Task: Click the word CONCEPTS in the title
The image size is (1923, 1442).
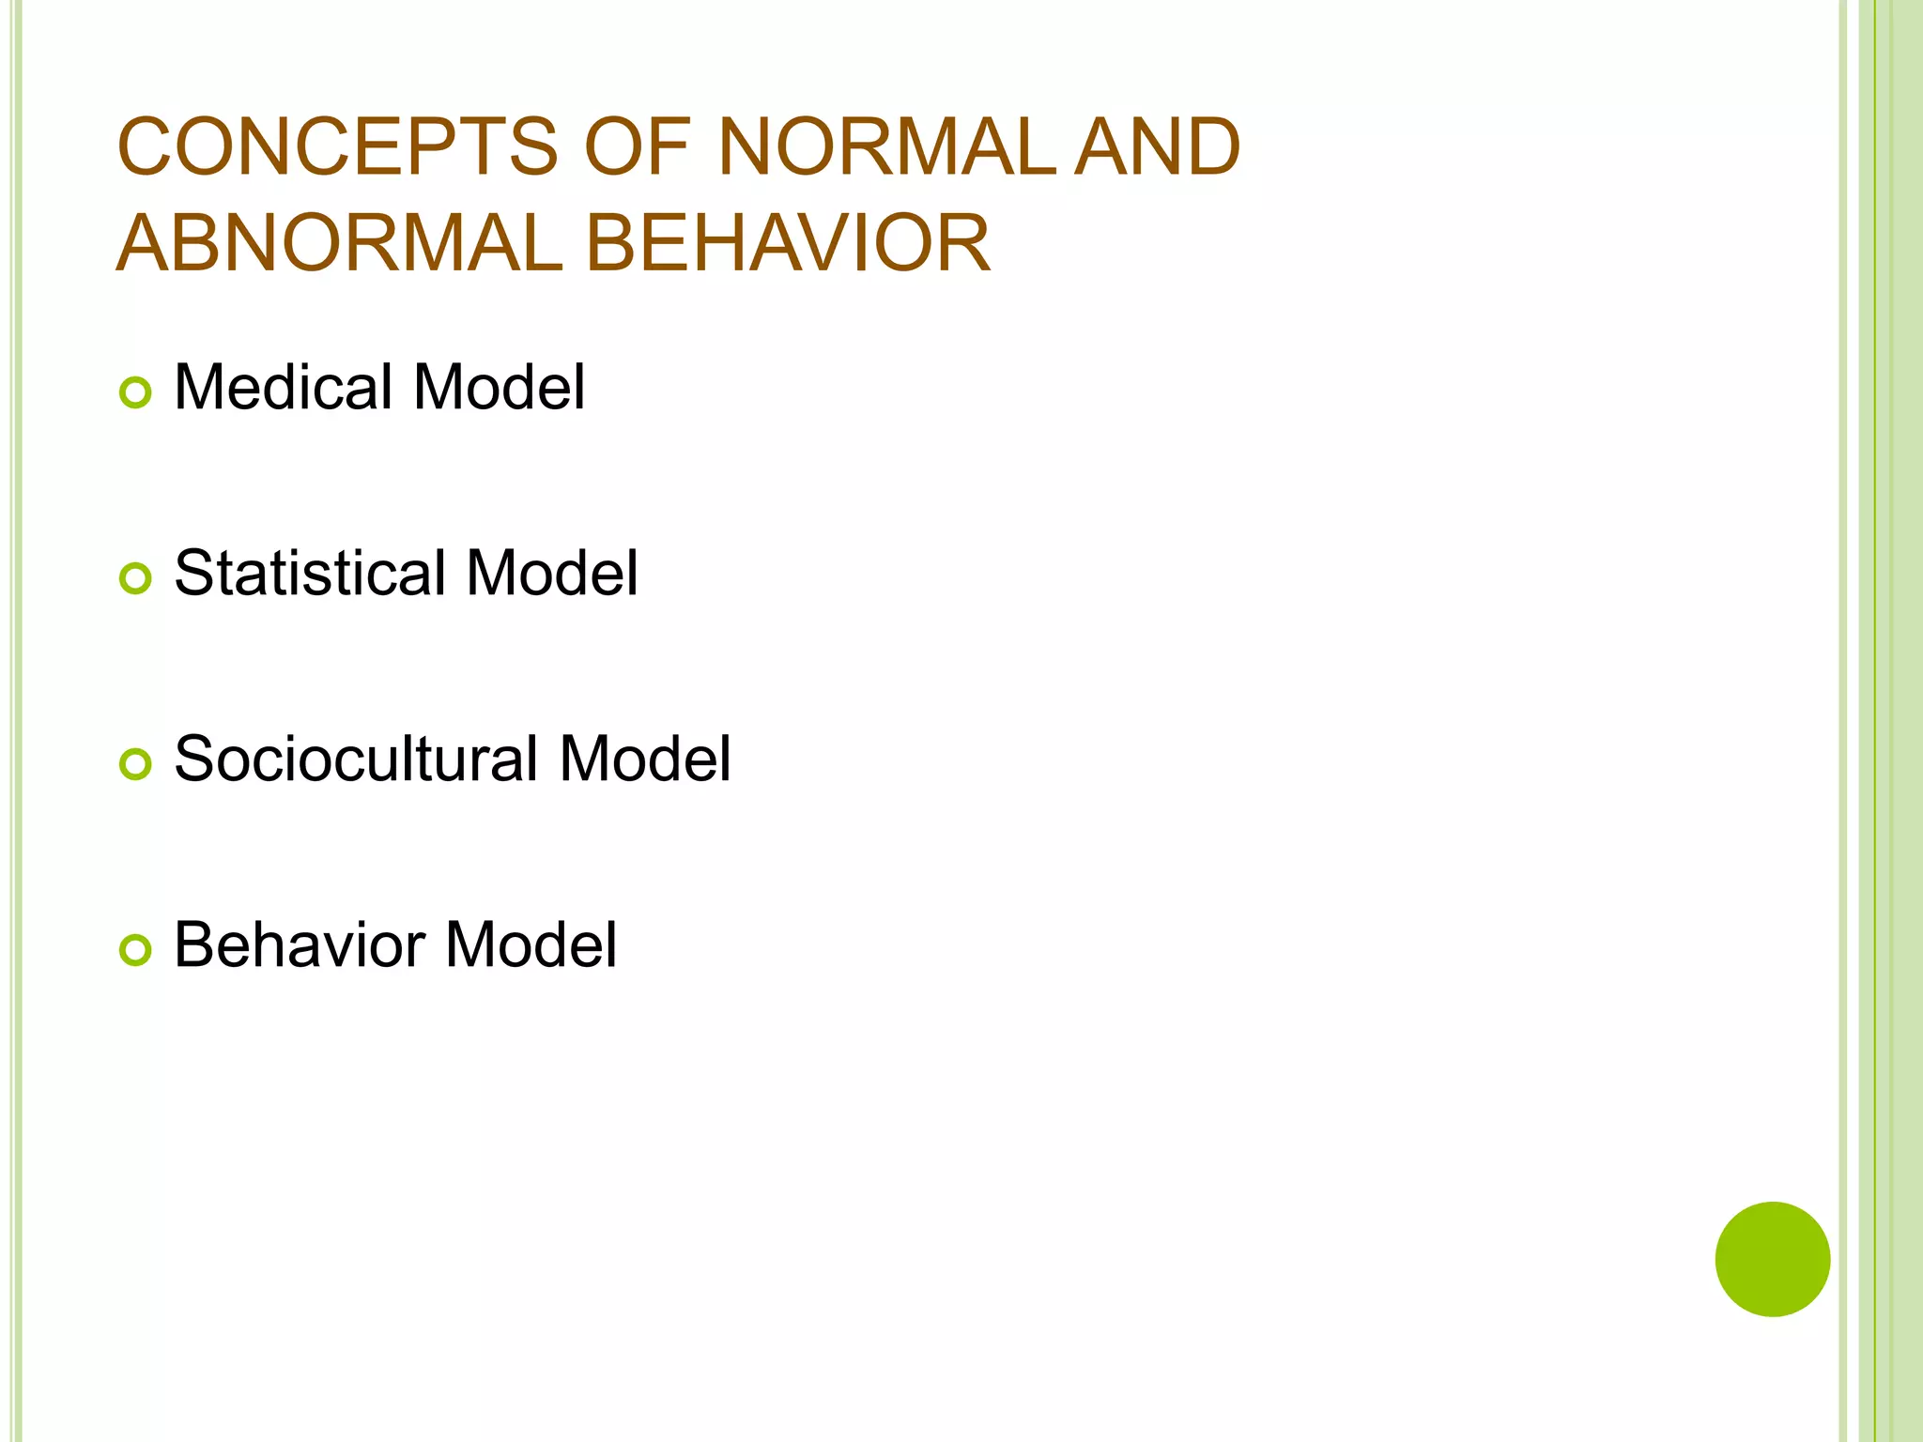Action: tap(337, 146)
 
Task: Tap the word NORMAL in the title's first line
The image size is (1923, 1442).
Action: tap(886, 146)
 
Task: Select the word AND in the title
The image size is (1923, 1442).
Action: tap(1157, 146)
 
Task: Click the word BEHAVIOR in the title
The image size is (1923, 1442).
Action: tap(788, 243)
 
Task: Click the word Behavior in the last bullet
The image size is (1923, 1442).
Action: tap(300, 944)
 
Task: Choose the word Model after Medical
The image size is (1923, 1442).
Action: tap(499, 387)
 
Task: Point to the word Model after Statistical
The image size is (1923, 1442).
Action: tap(552, 573)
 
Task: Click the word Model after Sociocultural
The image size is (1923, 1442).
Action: tap(645, 759)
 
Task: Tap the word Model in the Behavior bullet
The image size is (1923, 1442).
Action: tap(531, 944)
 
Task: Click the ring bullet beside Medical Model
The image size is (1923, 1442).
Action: tap(135, 392)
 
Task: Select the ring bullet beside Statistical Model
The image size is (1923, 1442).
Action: tap(135, 578)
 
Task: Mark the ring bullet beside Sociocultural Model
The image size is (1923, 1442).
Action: tap(135, 764)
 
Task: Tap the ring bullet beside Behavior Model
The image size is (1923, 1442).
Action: tap(135, 950)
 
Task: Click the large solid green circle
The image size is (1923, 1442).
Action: tap(1772, 1259)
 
